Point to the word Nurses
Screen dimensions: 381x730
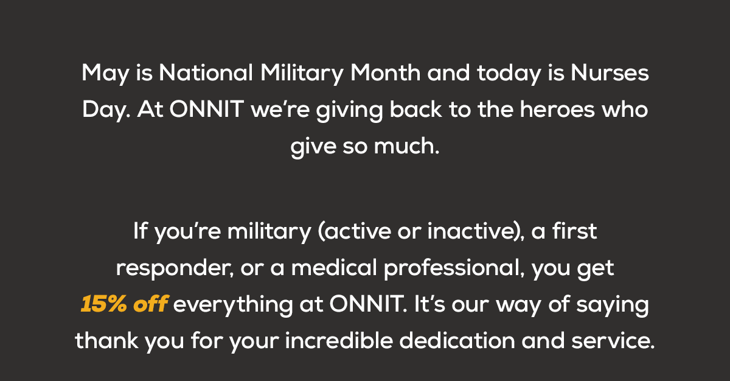[610, 74]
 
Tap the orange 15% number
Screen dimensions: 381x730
[102, 305]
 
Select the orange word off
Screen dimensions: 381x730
[150, 305]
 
